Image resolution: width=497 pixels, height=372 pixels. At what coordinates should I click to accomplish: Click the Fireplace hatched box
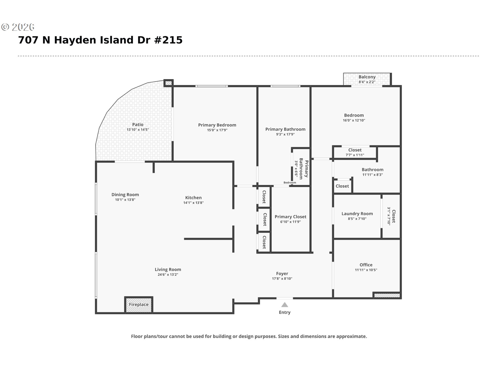click(138, 305)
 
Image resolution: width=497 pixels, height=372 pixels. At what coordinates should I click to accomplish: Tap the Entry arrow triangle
click(284, 305)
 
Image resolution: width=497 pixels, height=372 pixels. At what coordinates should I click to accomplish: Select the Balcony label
click(367, 77)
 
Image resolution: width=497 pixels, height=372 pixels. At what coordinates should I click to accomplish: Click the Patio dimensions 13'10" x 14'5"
click(137, 130)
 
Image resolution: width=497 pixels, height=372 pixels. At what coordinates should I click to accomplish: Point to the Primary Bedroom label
click(217, 125)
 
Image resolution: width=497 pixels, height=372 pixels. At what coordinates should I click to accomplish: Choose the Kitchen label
click(193, 198)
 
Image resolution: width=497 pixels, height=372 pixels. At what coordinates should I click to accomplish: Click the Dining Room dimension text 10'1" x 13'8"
click(125, 200)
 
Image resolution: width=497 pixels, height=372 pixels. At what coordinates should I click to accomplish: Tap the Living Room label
click(168, 269)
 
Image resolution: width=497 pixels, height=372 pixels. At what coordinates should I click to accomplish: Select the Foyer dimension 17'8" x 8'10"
click(282, 278)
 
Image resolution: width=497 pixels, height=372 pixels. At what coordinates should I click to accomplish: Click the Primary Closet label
click(290, 217)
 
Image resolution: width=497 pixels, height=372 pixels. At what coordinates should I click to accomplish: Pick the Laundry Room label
click(357, 214)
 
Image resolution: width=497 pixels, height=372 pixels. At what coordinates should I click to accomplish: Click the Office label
click(366, 265)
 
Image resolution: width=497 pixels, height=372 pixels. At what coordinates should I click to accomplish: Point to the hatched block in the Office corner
click(387, 295)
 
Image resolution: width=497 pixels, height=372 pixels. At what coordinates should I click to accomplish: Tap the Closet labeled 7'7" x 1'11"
click(355, 152)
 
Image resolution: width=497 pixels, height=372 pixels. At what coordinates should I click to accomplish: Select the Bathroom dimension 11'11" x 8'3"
click(372, 175)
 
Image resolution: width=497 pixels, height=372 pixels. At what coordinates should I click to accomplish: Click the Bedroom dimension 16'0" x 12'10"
click(354, 120)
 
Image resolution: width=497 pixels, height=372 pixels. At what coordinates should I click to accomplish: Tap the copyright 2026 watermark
click(18, 27)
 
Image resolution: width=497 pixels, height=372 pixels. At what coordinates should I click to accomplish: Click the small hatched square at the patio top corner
click(169, 83)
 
